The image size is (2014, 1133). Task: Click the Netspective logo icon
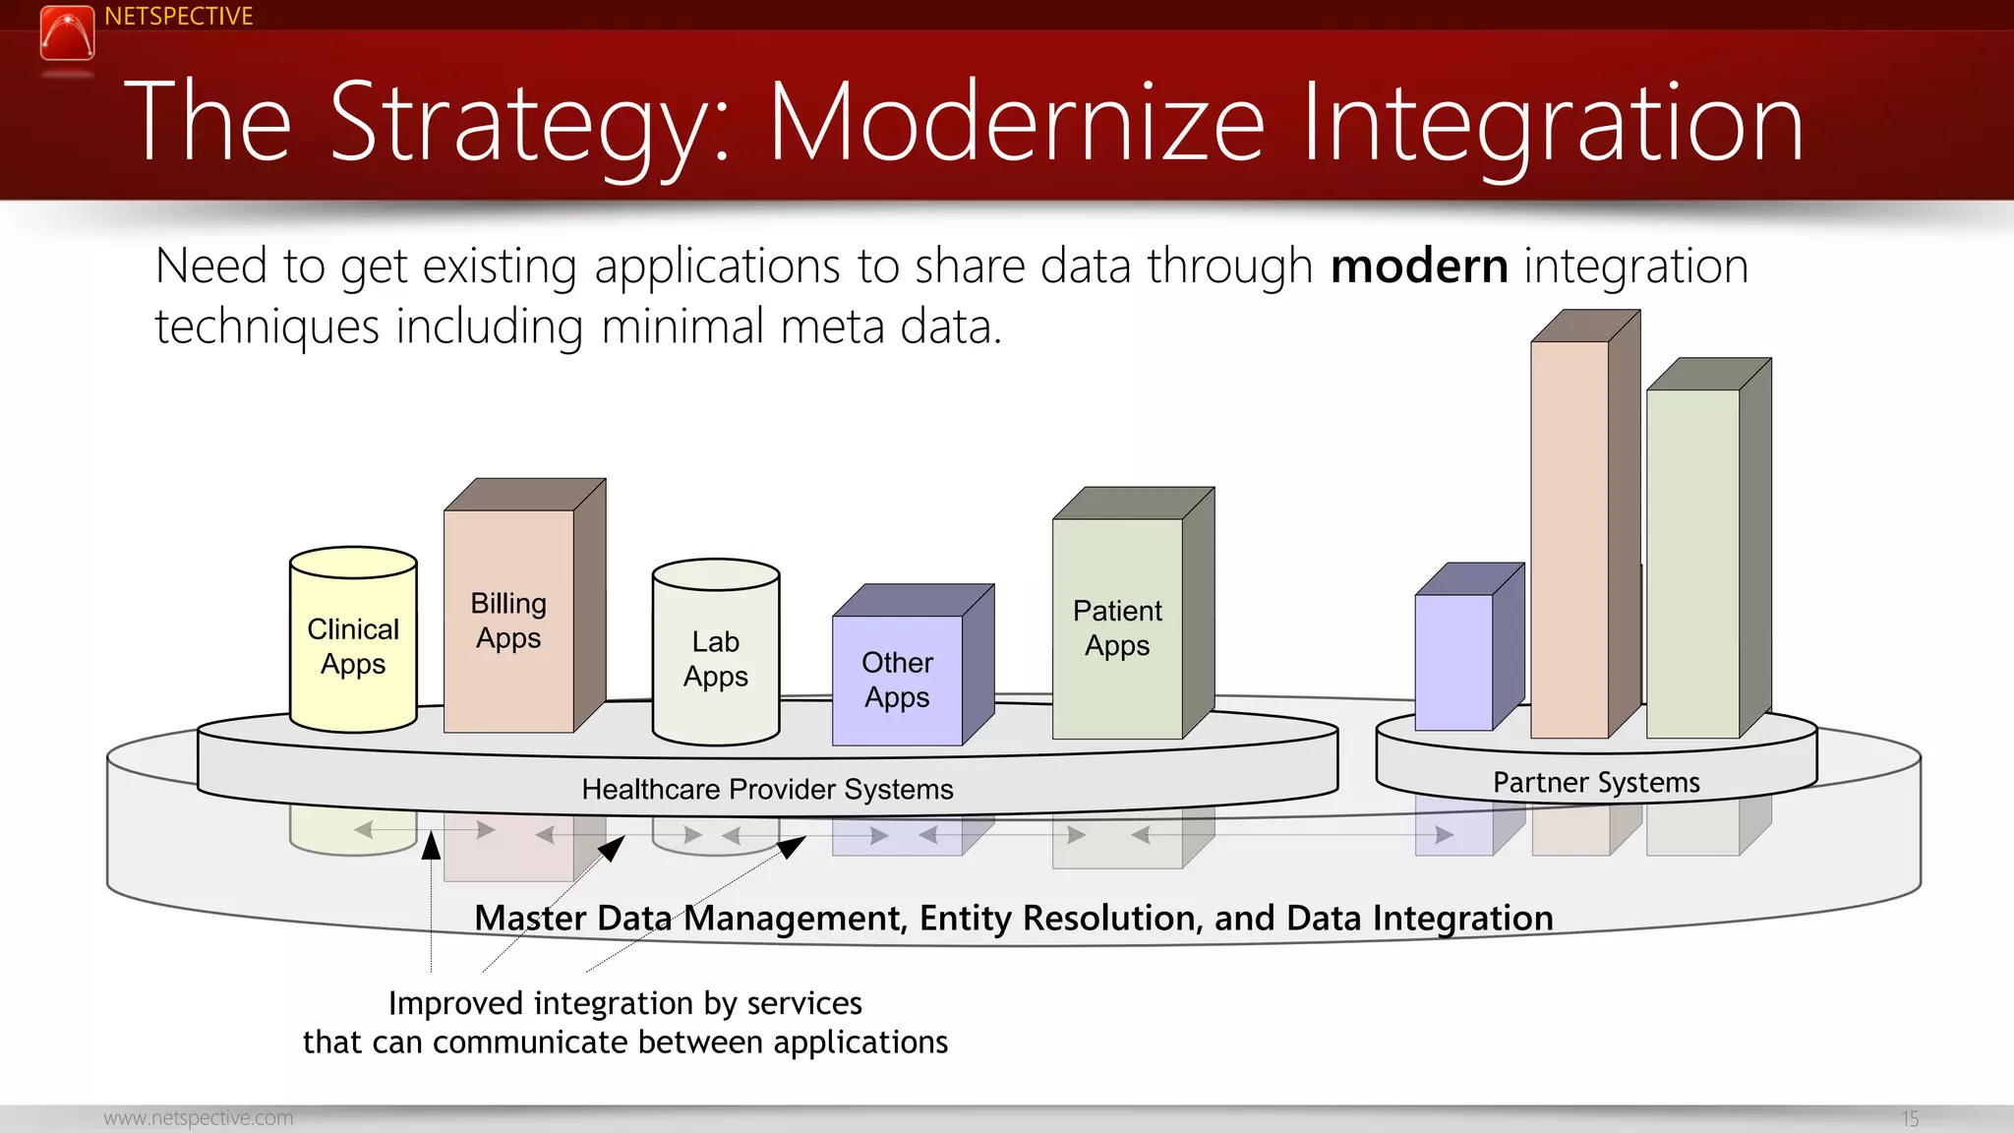click(67, 32)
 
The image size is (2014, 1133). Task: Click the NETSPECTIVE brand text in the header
click(178, 17)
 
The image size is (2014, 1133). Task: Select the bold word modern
click(1418, 267)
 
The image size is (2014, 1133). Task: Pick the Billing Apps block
click(508, 621)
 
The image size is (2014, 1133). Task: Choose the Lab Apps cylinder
click(715, 659)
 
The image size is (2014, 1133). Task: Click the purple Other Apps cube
click(897, 680)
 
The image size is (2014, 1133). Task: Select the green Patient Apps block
click(1117, 628)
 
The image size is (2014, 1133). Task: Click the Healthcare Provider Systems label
click(767, 789)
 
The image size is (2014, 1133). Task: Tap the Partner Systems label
click(1596, 783)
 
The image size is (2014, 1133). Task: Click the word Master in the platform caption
click(531, 918)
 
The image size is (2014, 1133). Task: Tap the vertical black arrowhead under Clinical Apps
click(431, 846)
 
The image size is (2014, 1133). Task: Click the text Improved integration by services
click(624, 1003)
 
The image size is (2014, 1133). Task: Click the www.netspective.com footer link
click(198, 1118)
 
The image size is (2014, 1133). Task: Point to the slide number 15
click(1909, 1118)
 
